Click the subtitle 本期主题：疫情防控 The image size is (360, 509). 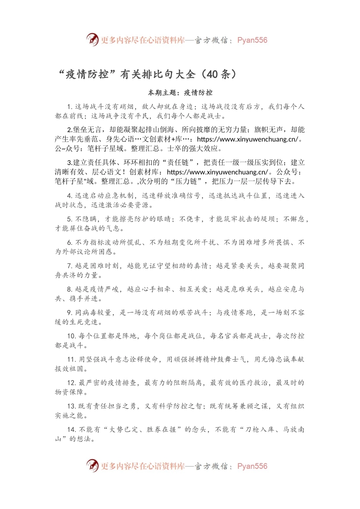click(x=180, y=93)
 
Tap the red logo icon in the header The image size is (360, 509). click(x=92, y=40)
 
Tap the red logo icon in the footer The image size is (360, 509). click(x=92, y=466)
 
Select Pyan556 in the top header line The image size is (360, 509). click(x=252, y=40)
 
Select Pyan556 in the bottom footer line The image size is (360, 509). click(x=252, y=466)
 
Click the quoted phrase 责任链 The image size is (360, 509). click(x=178, y=162)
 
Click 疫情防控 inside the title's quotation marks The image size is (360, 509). click(x=87, y=74)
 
